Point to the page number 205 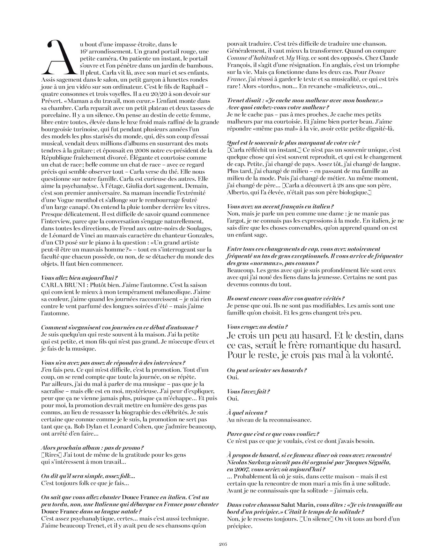tap(223, 544)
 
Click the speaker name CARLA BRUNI tap(63, 285)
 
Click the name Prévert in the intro tap(51, 101)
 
